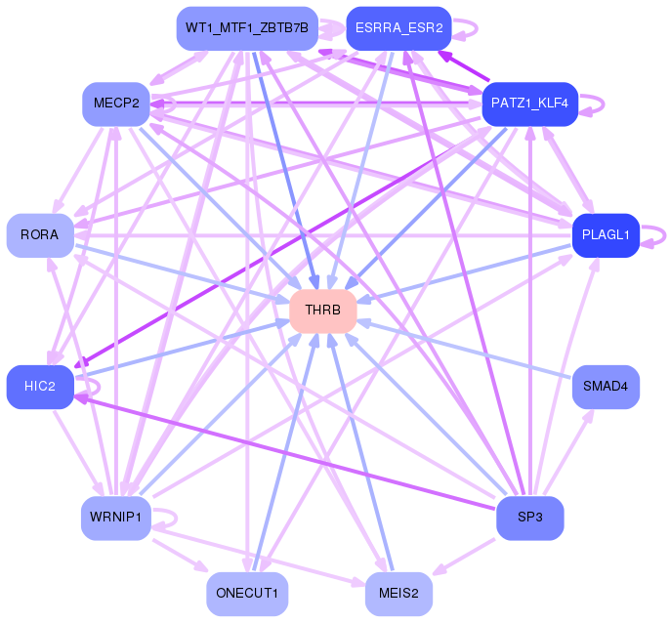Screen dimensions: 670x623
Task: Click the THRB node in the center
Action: [323, 311]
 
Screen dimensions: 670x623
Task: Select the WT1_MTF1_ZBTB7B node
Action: [247, 28]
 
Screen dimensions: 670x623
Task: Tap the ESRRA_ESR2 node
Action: [398, 28]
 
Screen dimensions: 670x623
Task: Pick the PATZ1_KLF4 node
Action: [529, 104]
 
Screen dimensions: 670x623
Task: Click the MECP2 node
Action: [116, 104]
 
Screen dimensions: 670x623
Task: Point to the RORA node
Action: [40, 235]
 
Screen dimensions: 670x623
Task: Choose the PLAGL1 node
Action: [606, 235]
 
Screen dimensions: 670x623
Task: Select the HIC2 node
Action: [40, 387]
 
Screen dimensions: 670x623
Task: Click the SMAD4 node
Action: [606, 387]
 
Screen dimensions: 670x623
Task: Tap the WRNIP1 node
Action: [116, 518]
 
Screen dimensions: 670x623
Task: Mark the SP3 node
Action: [529, 518]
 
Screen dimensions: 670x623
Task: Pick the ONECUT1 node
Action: [247, 594]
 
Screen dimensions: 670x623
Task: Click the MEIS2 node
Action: [398, 594]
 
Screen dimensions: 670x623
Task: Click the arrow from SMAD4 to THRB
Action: [464, 349]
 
